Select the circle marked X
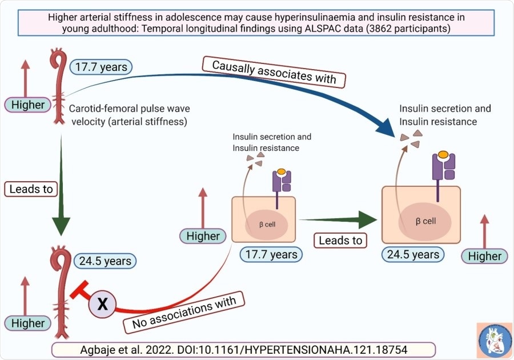[x=102, y=304]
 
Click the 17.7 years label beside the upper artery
[x=101, y=67]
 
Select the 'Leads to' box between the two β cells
[x=341, y=240]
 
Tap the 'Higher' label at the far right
[x=484, y=256]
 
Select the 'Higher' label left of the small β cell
[x=203, y=235]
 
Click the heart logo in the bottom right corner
[x=495, y=341]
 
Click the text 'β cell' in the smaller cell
[x=267, y=224]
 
